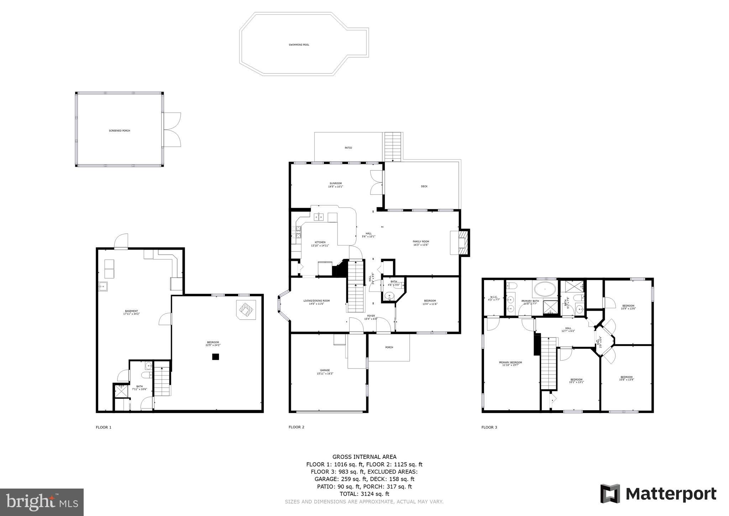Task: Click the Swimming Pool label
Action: pos(299,45)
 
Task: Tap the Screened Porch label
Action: pos(119,131)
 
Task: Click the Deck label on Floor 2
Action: pos(424,186)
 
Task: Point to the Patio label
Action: pos(348,148)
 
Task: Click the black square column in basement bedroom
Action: pos(215,357)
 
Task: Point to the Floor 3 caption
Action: pos(489,427)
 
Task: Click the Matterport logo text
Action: pos(671,494)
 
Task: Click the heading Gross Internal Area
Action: pos(364,457)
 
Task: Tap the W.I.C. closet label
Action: pos(494,298)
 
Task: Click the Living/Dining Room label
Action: pos(316,302)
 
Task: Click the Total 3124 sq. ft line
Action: pos(364,494)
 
